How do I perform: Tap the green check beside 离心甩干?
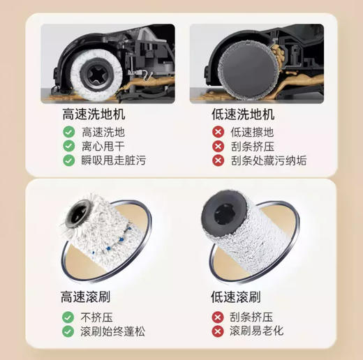[68, 146]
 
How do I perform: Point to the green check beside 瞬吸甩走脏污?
[68, 160]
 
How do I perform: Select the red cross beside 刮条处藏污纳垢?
[217, 160]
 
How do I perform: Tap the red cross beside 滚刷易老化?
[217, 331]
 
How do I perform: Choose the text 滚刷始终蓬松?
[114, 331]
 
